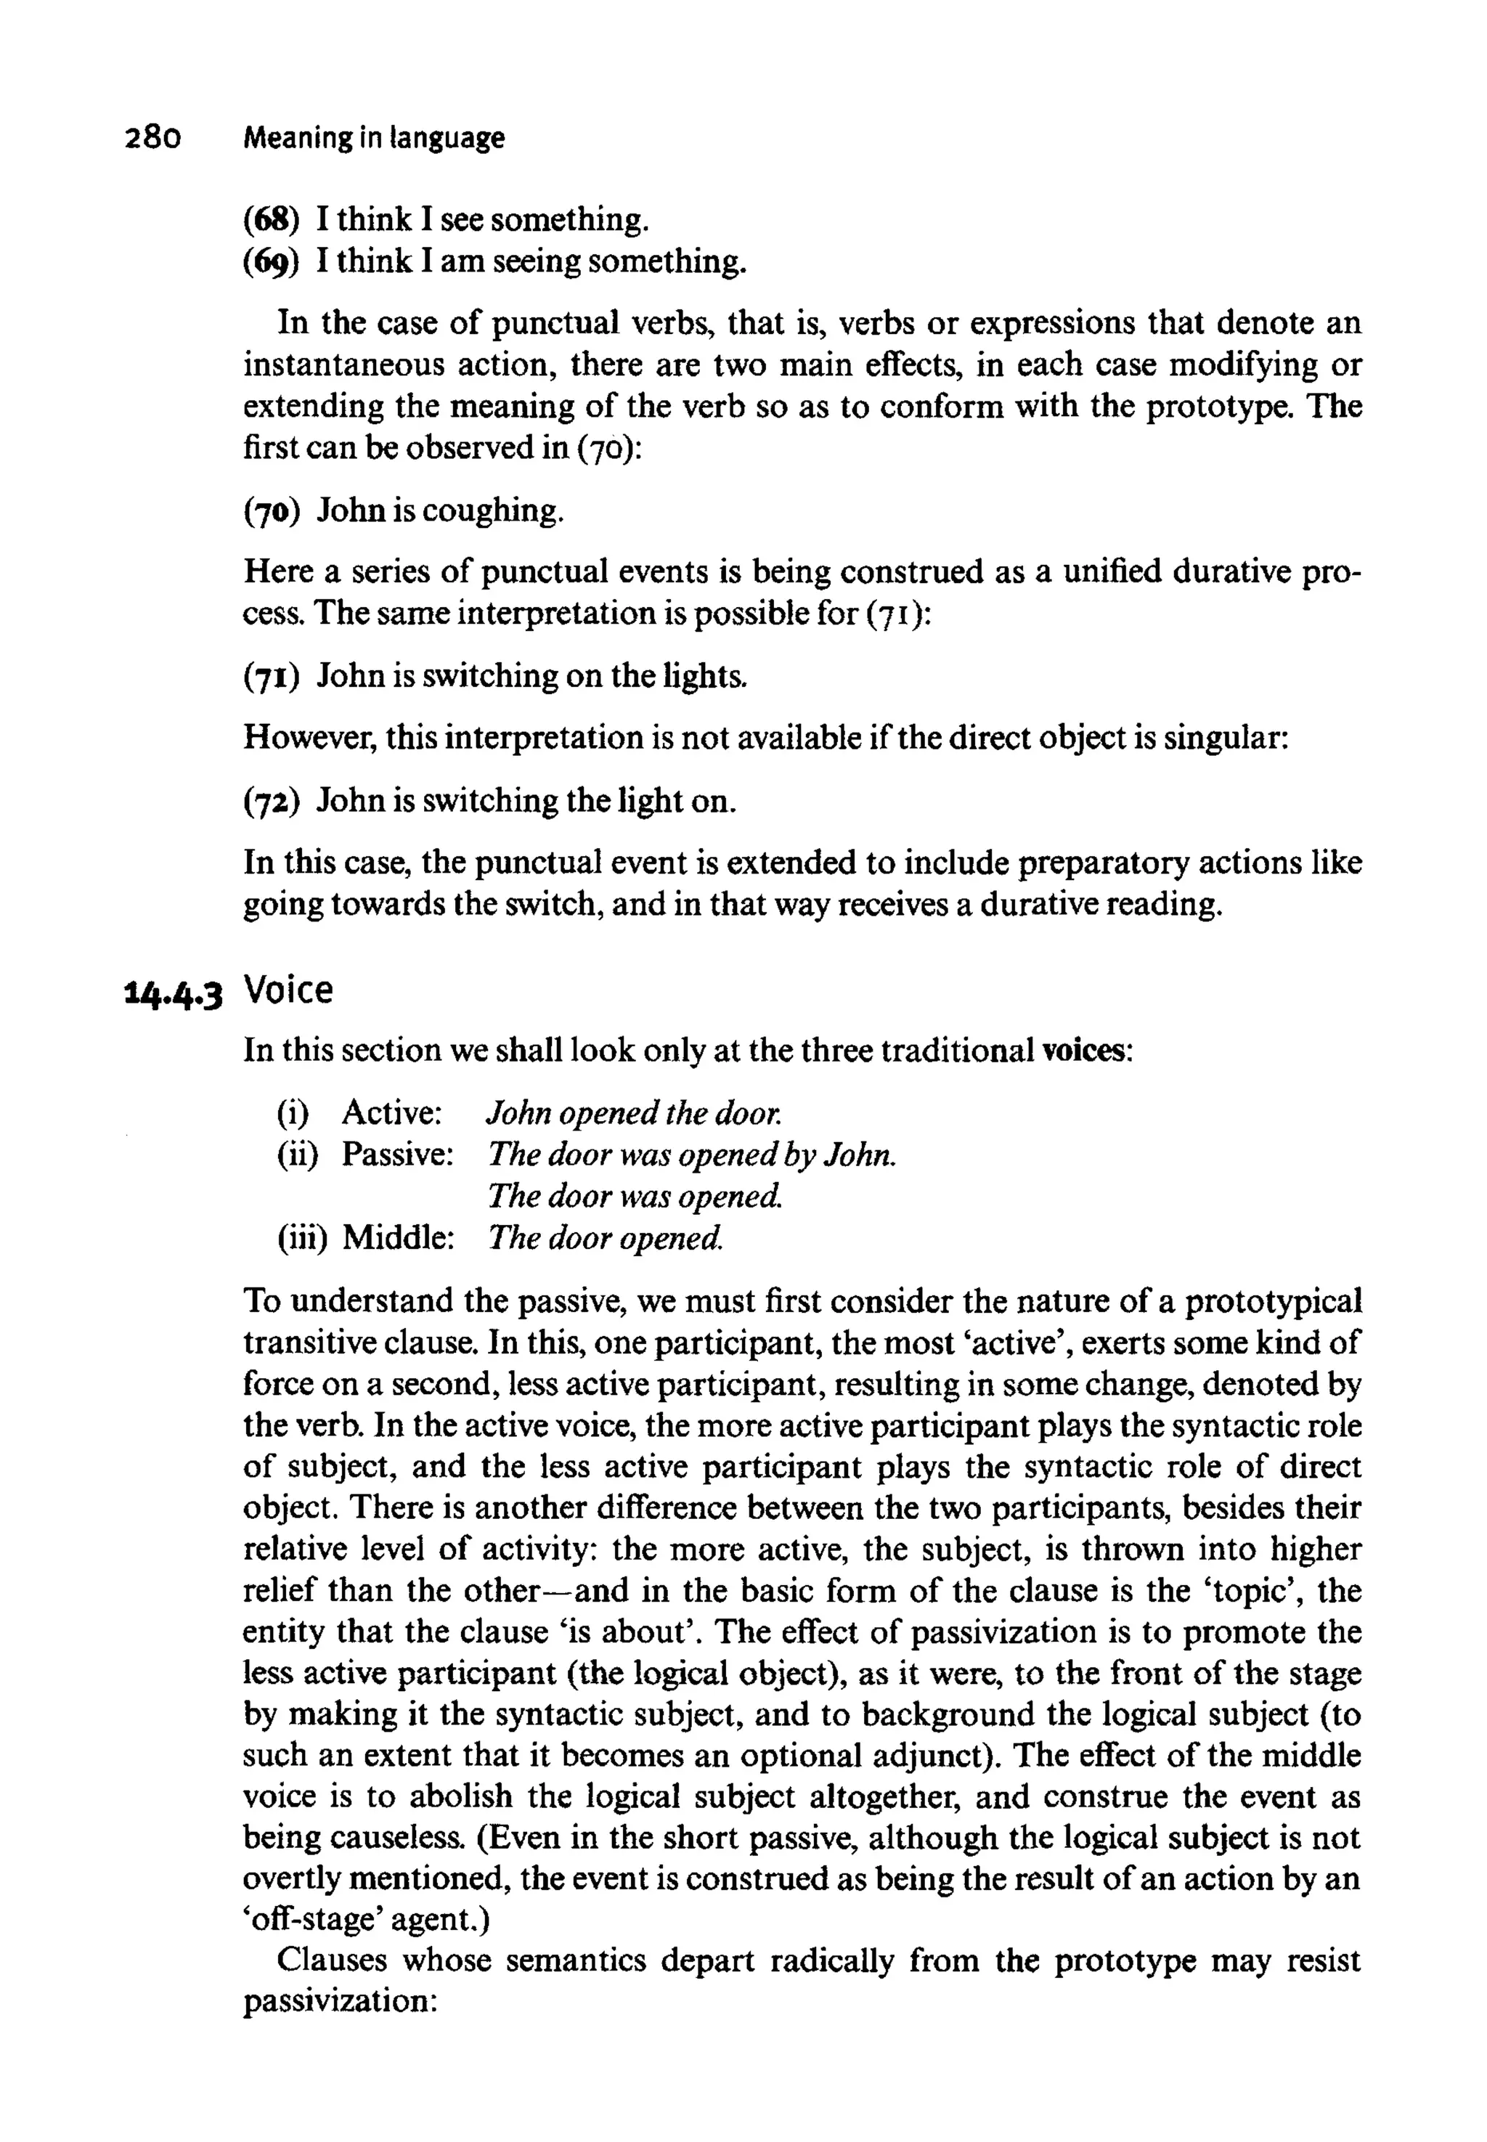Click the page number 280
152,139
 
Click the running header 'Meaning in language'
374,139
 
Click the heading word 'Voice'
288,990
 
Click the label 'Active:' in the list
391,1112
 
